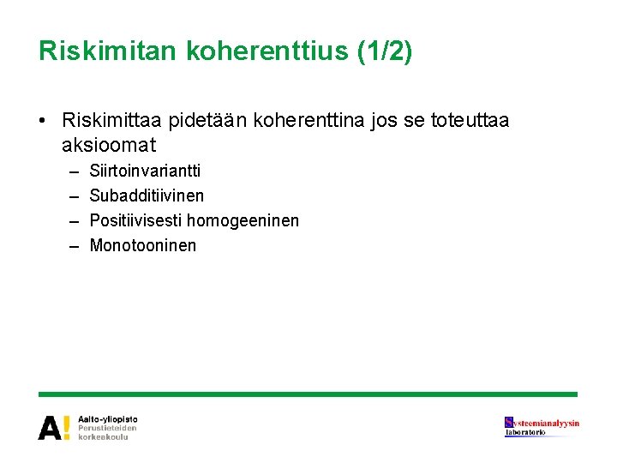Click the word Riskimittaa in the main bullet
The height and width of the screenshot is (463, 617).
coord(113,121)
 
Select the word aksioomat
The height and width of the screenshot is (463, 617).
coord(109,146)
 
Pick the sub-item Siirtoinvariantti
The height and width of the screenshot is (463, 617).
coord(145,171)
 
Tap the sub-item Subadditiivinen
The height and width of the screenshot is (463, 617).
coord(147,195)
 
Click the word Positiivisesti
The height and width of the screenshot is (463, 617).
coord(135,220)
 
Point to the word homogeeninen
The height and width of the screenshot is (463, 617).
coord(243,220)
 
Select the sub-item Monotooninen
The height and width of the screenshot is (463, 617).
coord(142,245)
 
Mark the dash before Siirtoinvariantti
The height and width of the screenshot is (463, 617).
coord(74,171)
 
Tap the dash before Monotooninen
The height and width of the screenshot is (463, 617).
coord(74,246)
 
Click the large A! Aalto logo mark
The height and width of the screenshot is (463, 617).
coord(54,427)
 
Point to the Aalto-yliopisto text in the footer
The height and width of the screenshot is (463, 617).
coord(107,418)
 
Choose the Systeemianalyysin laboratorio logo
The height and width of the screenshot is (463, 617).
coord(542,426)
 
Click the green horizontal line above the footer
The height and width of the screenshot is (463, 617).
coord(308,394)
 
